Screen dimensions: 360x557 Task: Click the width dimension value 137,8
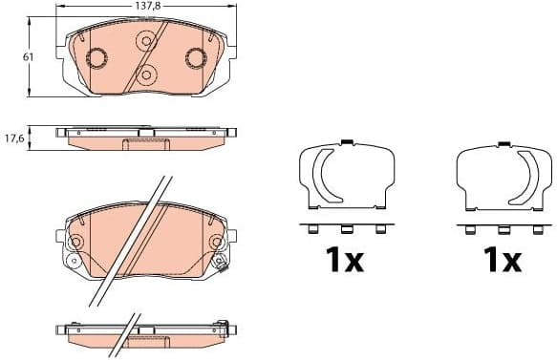[x=145, y=7]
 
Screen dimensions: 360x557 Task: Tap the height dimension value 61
[x=29, y=57]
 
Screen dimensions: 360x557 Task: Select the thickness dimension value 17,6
[x=13, y=138]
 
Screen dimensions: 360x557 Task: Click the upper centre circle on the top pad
[x=146, y=41]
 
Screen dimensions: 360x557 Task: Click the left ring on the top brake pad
[x=97, y=58]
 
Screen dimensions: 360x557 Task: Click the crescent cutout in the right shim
[x=526, y=178]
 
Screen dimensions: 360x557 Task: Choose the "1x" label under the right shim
[x=501, y=260]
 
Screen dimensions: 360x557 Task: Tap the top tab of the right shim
[x=502, y=144]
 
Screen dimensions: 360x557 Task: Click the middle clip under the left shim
[x=347, y=228]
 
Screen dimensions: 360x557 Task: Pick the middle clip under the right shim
[x=503, y=228]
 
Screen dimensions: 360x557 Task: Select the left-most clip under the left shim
[x=313, y=228]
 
